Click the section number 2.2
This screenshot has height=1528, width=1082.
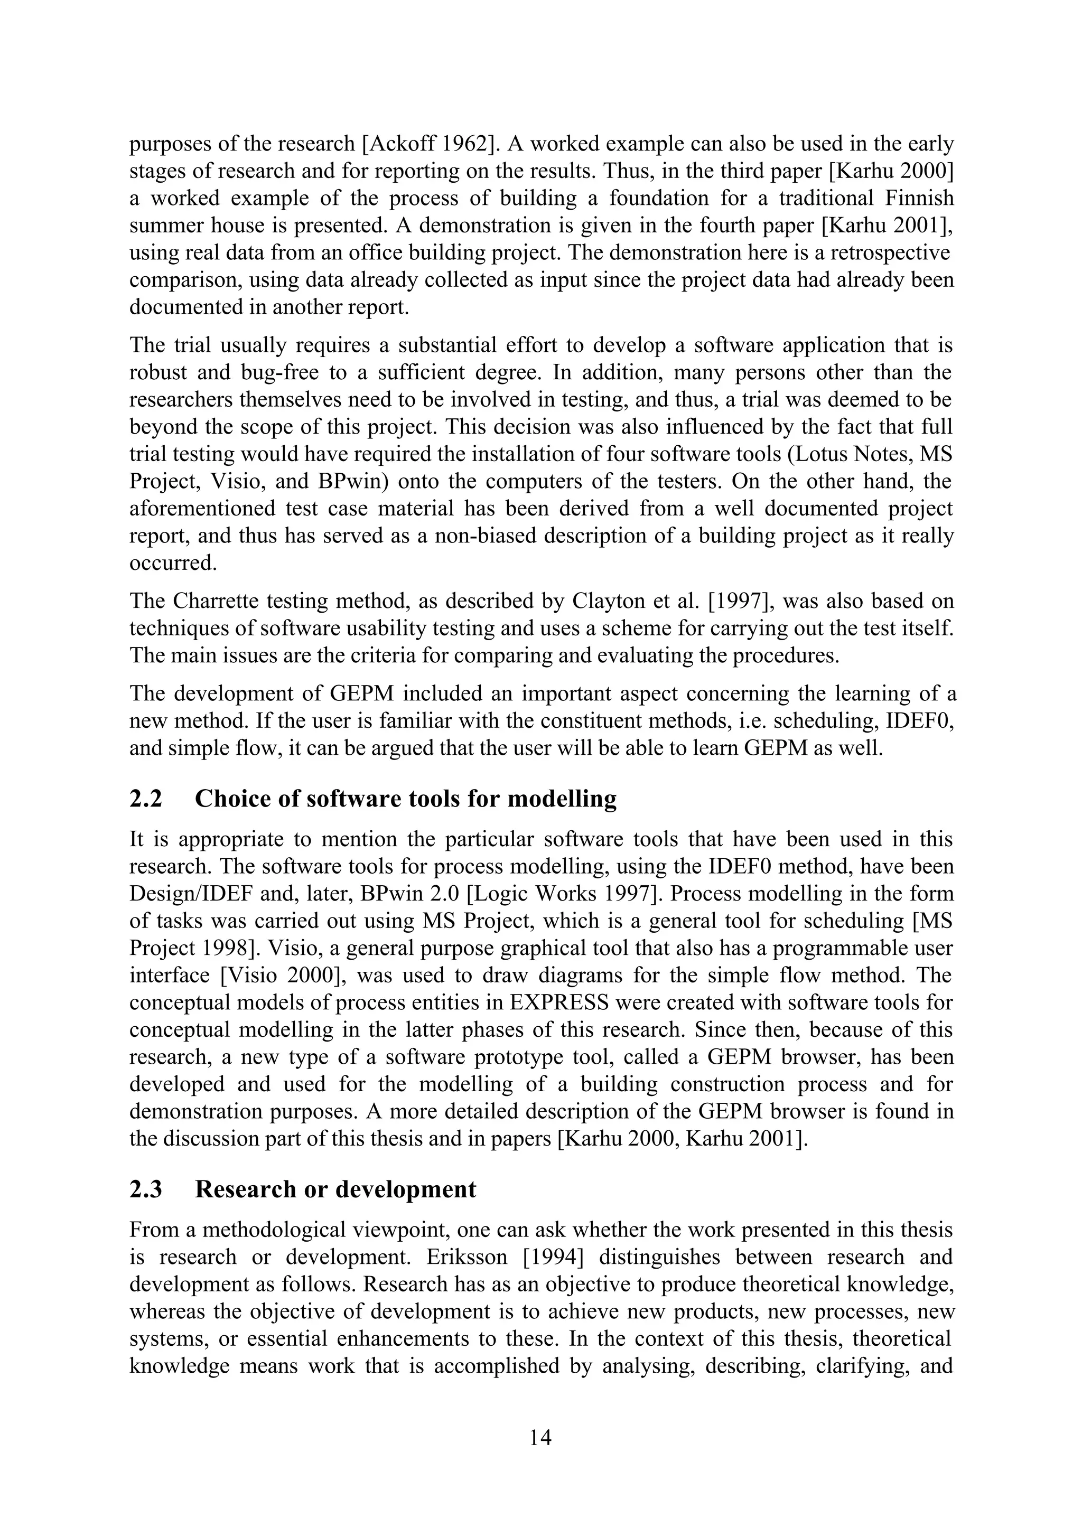[x=146, y=799]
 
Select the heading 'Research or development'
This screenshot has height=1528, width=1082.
[x=335, y=1189]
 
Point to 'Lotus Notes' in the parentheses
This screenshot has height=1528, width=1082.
[x=847, y=454]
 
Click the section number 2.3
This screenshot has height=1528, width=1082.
[x=146, y=1189]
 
